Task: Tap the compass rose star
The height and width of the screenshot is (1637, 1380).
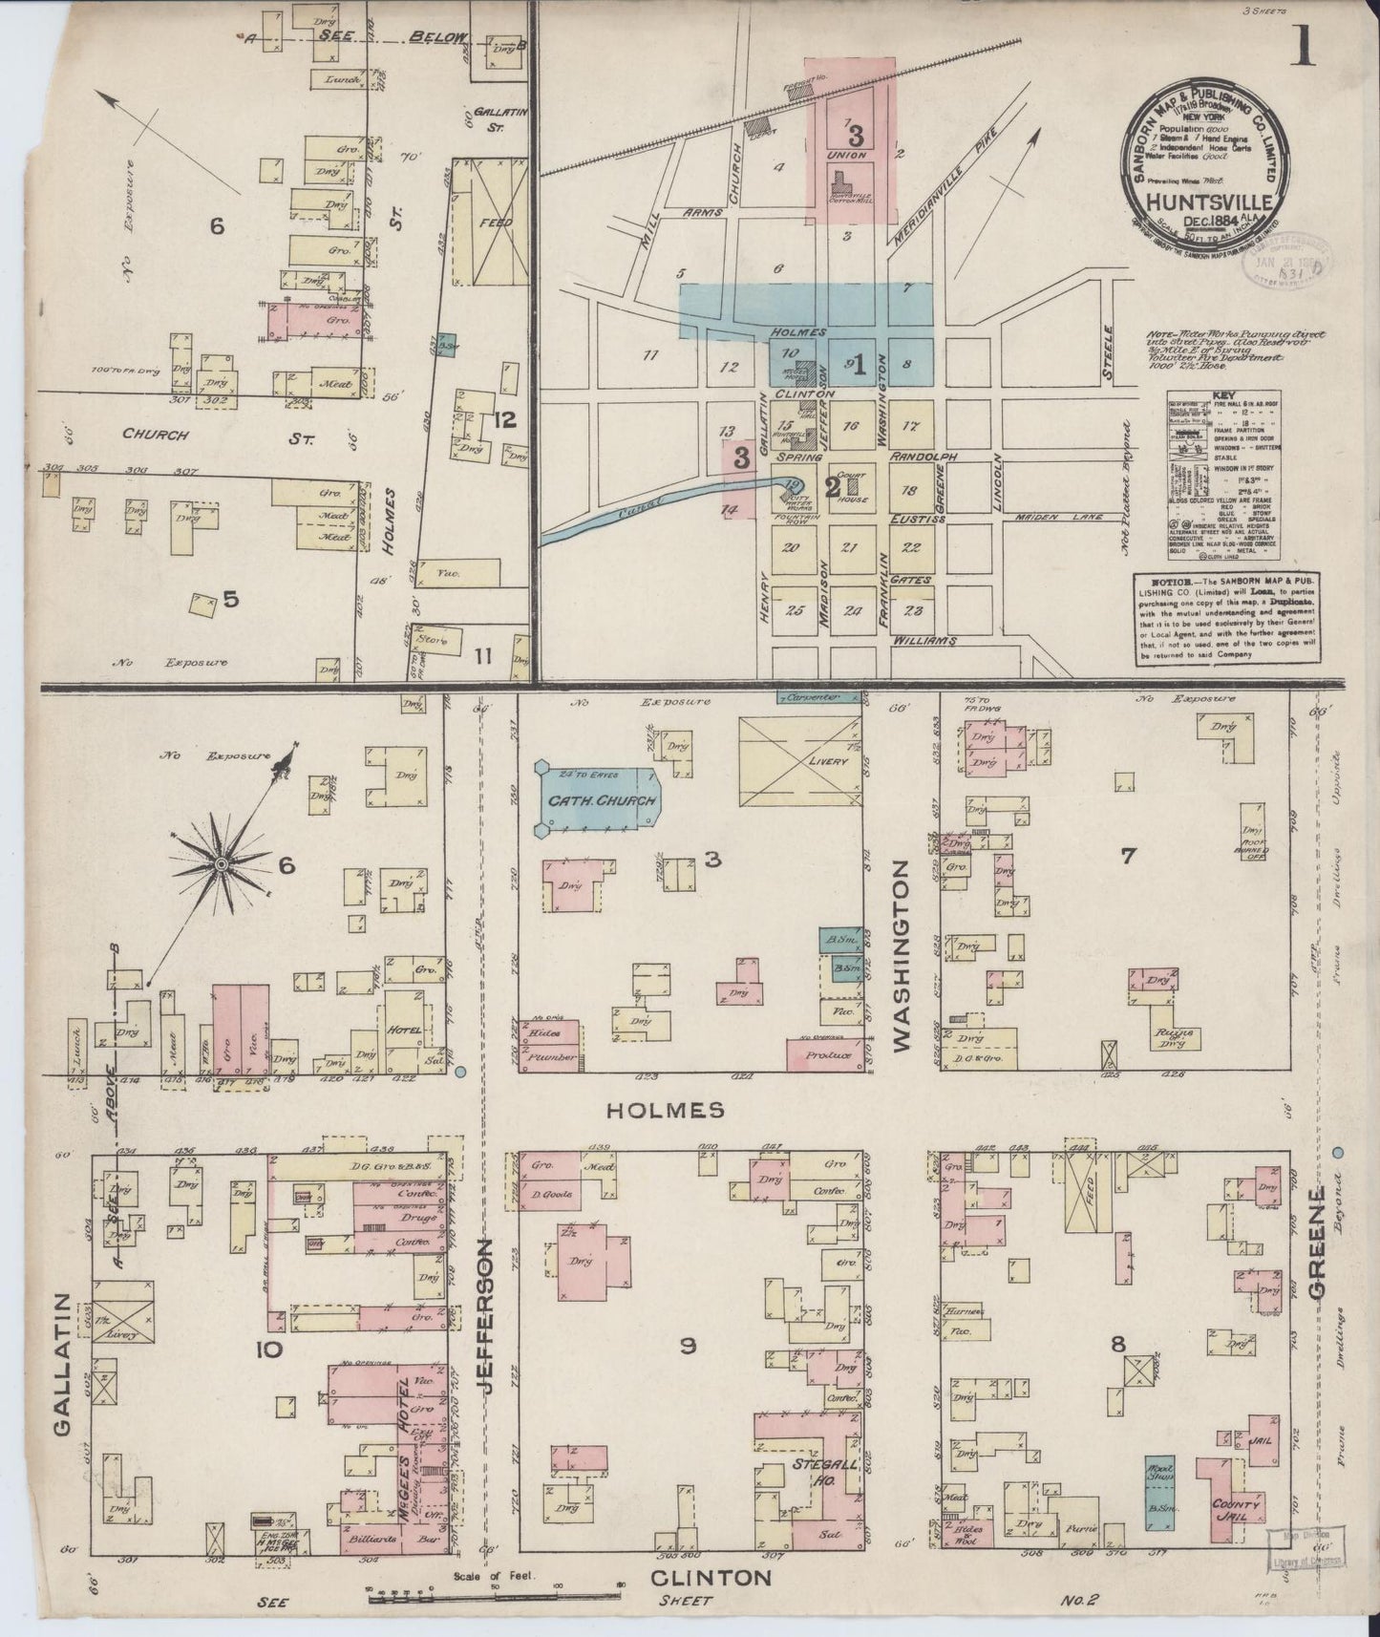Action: (x=221, y=864)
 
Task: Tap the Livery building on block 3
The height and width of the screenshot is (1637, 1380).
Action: (x=800, y=761)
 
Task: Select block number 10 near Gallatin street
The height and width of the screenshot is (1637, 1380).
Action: (x=268, y=1350)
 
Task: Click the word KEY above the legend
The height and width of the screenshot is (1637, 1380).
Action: (x=1225, y=393)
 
